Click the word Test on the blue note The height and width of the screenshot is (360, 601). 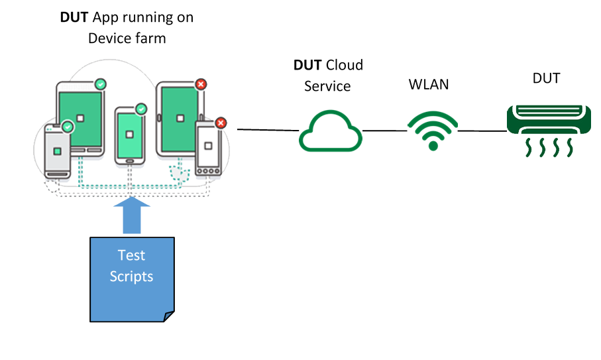tap(131, 255)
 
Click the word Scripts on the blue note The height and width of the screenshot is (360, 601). tap(131, 276)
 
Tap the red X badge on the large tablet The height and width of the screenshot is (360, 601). tap(201, 84)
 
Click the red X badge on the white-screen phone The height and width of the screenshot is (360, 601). tap(221, 123)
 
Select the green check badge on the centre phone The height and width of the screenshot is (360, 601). tap(141, 108)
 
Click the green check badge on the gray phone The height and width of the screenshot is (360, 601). tap(68, 126)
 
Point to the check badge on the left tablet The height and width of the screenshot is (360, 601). tap(100, 84)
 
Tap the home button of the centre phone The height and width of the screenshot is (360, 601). tap(129, 160)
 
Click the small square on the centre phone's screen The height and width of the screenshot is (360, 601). tap(129, 135)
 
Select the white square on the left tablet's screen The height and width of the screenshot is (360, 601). tap(80, 118)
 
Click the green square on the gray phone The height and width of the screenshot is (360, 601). tap(57, 151)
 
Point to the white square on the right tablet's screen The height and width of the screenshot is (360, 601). tap(179, 118)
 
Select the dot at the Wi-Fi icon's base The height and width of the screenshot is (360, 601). tap(433, 145)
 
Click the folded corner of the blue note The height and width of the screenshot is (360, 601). tap(168, 317)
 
